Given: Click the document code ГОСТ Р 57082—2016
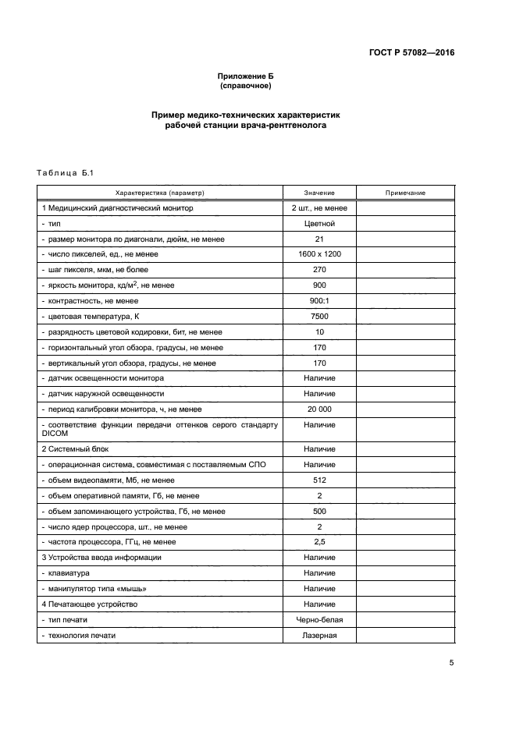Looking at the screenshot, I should pos(411,53).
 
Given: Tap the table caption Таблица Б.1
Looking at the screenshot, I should pos(64,172).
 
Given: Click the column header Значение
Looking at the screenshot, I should pos(319,193).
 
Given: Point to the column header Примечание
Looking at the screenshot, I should pos(405,193).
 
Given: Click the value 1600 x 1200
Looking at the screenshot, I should pos(319,254).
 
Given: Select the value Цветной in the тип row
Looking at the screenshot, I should pos(319,224).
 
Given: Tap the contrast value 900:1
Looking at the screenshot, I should pos(319,301).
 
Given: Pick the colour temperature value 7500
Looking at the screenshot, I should pos(319,317).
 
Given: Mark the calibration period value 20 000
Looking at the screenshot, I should pos(319,409).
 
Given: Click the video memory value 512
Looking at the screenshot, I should pos(319,480).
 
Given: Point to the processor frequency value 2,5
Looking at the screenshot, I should pos(319,542).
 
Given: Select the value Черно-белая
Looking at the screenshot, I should pos(319,620).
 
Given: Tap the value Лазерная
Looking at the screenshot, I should pos(319,636).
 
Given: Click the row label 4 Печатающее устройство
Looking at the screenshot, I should pos(90,604).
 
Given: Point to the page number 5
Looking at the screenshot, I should pos(451,663).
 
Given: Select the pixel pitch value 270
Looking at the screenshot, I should pos(319,270).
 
